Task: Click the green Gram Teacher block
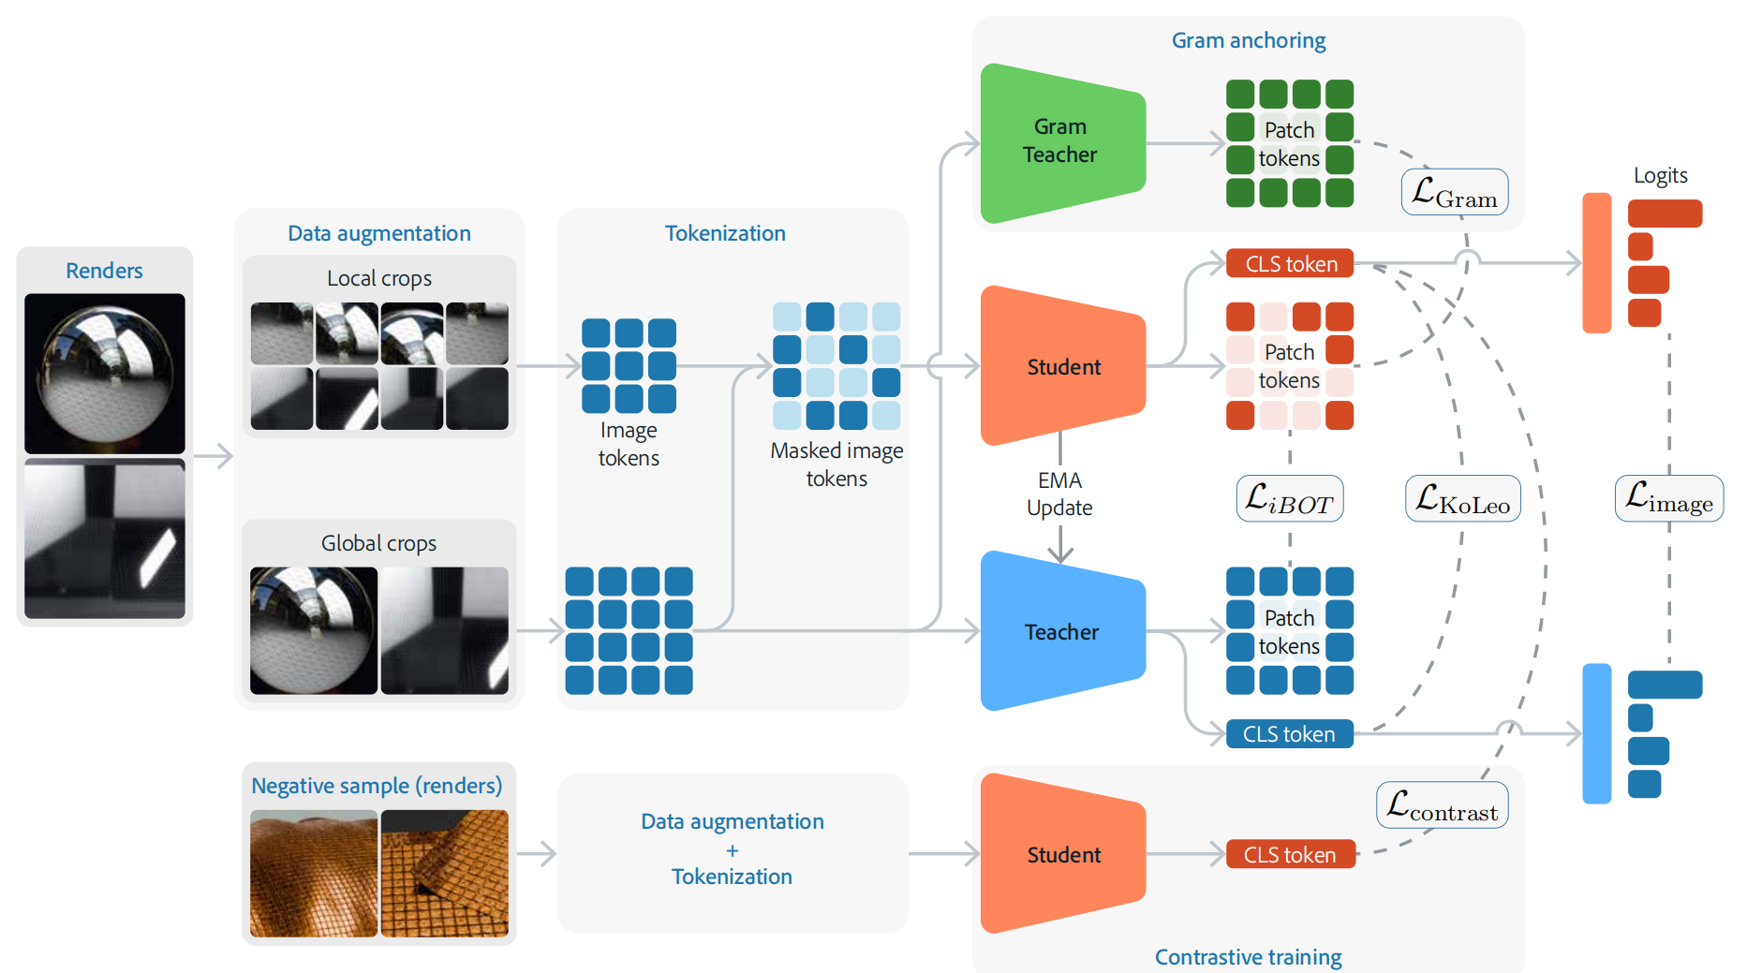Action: click(1061, 142)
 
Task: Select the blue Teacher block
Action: click(1061, 631)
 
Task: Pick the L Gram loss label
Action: click(1454, 192)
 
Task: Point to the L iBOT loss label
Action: click(1289, 498)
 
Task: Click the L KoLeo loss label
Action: click(1462, 498)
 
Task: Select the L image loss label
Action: click(1668, 498)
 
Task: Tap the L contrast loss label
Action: click(1442, 805)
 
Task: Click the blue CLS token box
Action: click(1289, 734)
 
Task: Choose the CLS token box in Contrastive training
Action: click(1290, 854)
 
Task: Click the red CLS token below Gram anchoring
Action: click(1290, 264)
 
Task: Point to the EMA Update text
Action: click(1059, 494)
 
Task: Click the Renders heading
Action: click(104, 271)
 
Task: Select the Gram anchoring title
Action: click(1249, 40)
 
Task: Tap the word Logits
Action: click(1660, 175)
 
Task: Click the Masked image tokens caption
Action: click(836, 464)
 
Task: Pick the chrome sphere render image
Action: click(105, 373)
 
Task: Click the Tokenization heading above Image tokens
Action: click(725, 233)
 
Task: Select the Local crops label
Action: click(379, 278)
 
